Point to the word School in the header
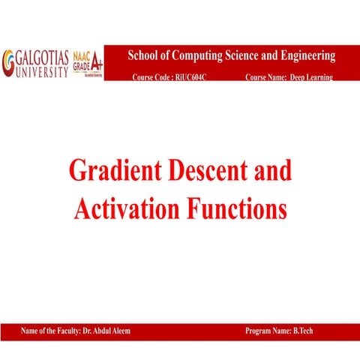pyautogui.click(x=145, y=56)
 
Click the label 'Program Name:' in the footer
pyautogui.click(x=268, y=331)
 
